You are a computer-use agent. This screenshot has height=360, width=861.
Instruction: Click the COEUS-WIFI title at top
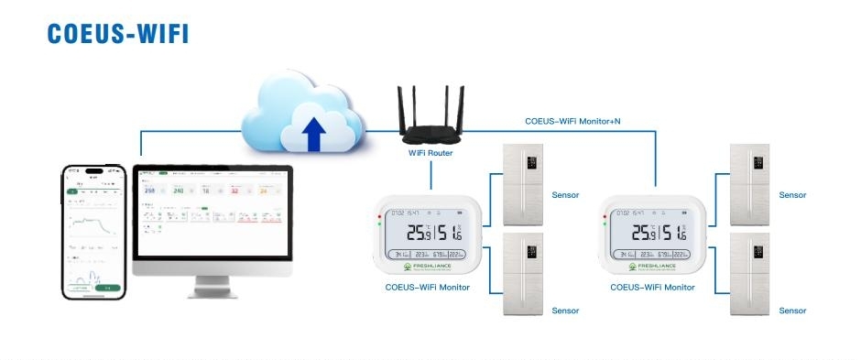click(118, 32)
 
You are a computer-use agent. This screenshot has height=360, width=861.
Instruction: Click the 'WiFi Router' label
click(430, 154)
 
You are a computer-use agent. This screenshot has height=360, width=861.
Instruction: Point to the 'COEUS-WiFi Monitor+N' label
click(572, 120)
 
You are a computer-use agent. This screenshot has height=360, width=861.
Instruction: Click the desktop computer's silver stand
click(213, 287)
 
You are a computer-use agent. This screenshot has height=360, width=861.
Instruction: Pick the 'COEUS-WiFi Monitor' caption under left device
click(427, 288)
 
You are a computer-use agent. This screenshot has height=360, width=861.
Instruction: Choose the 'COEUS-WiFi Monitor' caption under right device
click(652, 288)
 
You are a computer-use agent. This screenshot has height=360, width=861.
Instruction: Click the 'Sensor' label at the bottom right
click(792, 311)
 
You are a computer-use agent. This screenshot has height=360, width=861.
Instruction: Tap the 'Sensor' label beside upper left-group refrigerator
click(565, 195)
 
